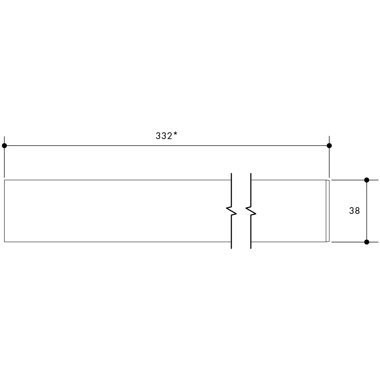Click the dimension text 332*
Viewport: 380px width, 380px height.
click(166, 136)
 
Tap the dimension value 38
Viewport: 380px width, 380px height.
click(354, 211)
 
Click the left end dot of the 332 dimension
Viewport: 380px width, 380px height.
click(4, 146)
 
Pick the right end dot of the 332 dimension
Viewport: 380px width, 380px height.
click(329, 146)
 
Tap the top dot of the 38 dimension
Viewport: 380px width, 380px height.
click(367, 180)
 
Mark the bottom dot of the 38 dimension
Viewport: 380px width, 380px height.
click(367, 242)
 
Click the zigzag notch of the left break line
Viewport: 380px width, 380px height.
click(231, 211)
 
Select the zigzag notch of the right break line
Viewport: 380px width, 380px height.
click(251, 211)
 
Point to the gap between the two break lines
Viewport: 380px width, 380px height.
click(241, 211)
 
